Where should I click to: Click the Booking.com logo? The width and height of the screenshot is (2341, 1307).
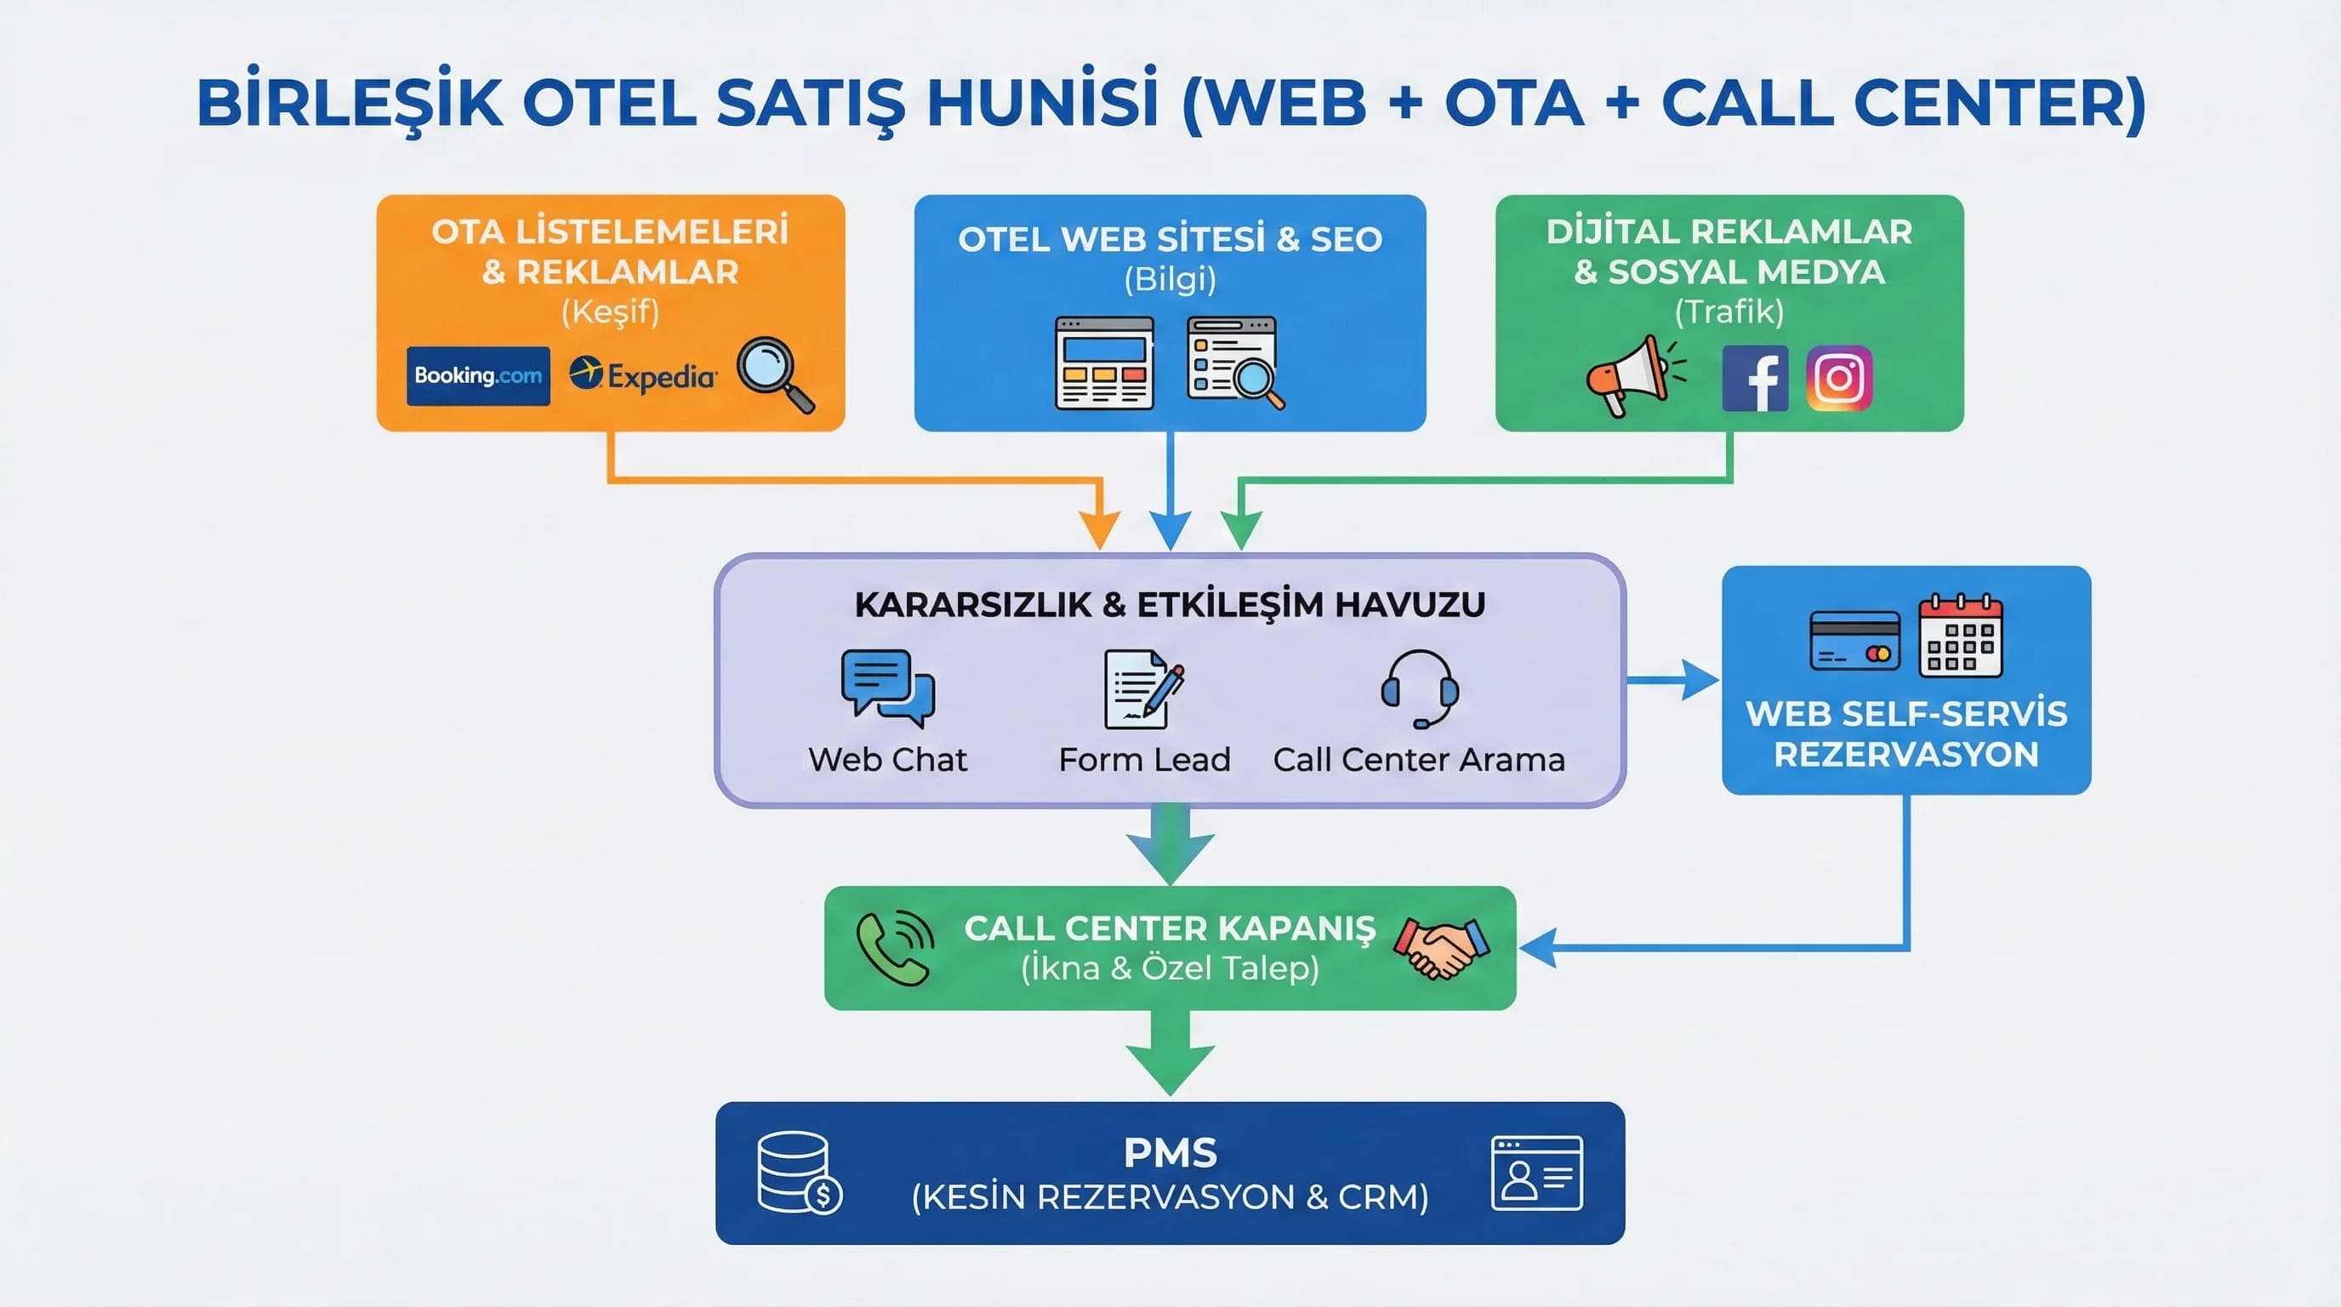(x=478, y=375)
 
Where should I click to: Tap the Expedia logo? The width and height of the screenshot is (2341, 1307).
(x=643, y=374)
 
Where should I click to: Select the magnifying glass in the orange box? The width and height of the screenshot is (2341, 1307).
(x=775, y=374)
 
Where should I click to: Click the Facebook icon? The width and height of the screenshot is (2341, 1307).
(x=1755, y=378)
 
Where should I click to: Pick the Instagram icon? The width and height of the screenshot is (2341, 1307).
(x=1839, y=378)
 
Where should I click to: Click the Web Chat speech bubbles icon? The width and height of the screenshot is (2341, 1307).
(x=888, y=688)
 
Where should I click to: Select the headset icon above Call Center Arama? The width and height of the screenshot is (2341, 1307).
(x=1420, y=688)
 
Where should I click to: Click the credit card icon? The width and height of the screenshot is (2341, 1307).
(x=1854, y=641)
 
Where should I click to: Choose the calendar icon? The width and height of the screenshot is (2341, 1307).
(x=1960, y=636)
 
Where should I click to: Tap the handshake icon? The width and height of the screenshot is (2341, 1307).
(x=1441, y=947)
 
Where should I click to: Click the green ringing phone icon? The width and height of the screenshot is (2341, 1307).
(x=895, y=947)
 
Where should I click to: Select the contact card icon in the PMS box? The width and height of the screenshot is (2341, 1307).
(x=1537, y=1173)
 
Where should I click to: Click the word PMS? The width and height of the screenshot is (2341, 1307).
(x=1170, y=1152)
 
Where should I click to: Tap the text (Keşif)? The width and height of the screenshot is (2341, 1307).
(x=610, y=311)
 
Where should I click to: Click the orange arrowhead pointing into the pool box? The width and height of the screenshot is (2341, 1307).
(x=1100, y=531)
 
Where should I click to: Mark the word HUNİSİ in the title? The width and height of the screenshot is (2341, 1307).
(x=1042, y=102)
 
